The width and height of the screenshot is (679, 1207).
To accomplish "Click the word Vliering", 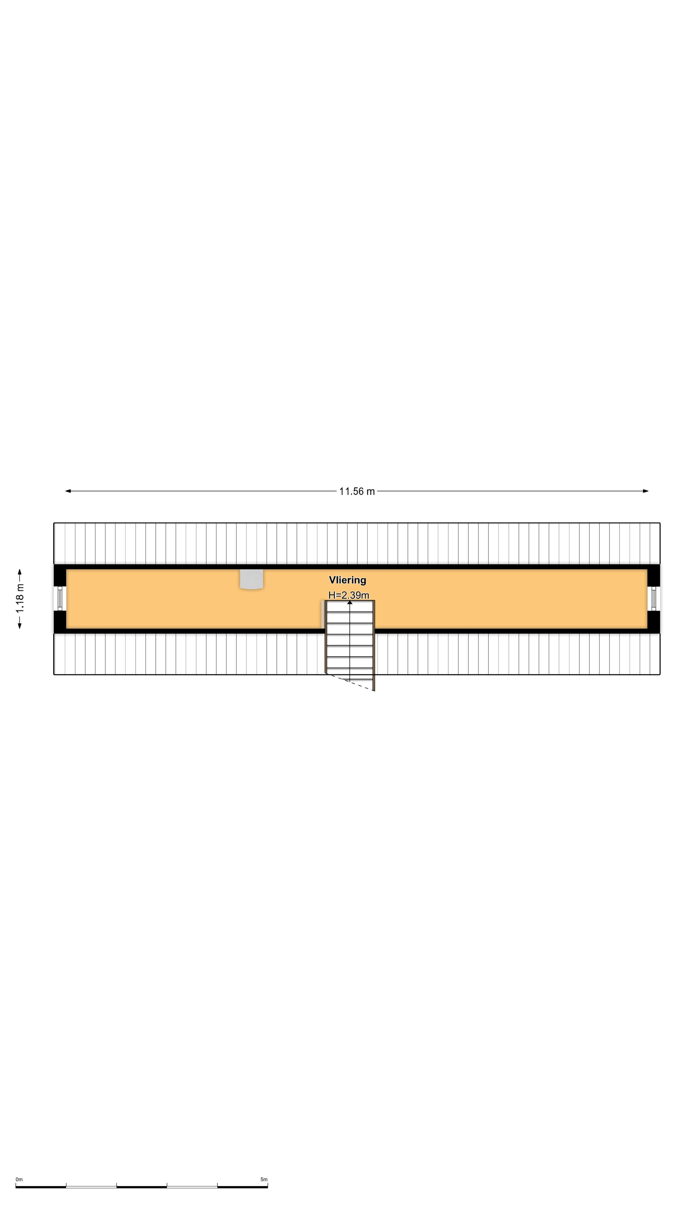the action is pyautogui.click(x=347, y=580).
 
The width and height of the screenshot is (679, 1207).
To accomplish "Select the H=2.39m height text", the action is pyautogui.click(x=349, y=595).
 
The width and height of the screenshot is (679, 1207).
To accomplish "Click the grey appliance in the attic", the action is pyautogui.click(x=251, y=579).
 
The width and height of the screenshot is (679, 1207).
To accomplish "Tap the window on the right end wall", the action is pyautogui.click(x=653, y=598).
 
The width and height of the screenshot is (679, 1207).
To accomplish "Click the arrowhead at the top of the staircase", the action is pyautogui.click(x=350, y=602).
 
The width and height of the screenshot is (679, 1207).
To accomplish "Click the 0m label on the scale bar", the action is pyautogui.click(x=19, y=1179).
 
